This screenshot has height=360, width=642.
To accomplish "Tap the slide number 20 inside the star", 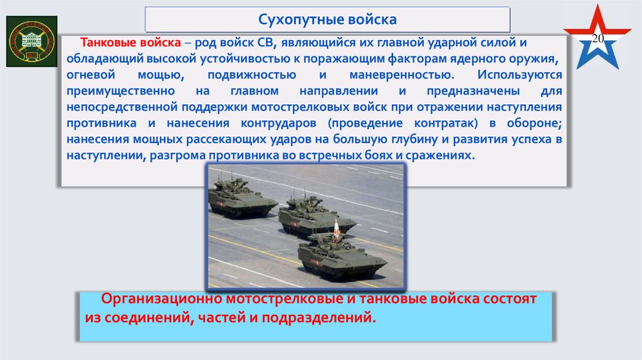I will pyautogui.click(x=597, y=40).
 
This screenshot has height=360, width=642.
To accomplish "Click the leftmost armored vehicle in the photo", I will pyautogui.click(x=241, y=199).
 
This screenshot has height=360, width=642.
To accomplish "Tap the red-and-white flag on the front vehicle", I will pyautogui.click(x=335, y=230).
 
